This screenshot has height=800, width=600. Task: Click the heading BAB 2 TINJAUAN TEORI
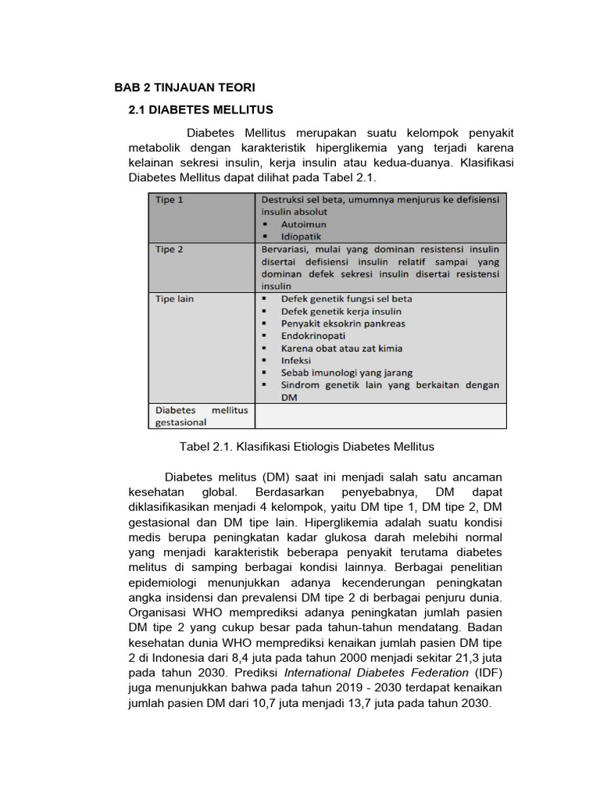click(184, 87)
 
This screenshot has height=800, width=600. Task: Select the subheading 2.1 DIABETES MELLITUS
click(200, 109)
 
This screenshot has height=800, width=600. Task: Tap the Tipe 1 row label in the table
click(170, 200)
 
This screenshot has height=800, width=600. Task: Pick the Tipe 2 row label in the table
click(170, 249)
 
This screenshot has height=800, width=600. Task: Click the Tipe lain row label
click(174, 298)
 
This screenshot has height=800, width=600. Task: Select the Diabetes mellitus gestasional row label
click(201, 416)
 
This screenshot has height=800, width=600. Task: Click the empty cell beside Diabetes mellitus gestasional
click(380, 416)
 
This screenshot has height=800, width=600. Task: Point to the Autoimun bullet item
click(304, 223)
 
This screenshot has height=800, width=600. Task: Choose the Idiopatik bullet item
click(302, 236)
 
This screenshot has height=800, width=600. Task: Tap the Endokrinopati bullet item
click(313, 336)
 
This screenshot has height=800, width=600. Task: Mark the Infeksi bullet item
click(296, 361)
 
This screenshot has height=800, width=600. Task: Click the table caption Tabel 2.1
click(306, 447)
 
